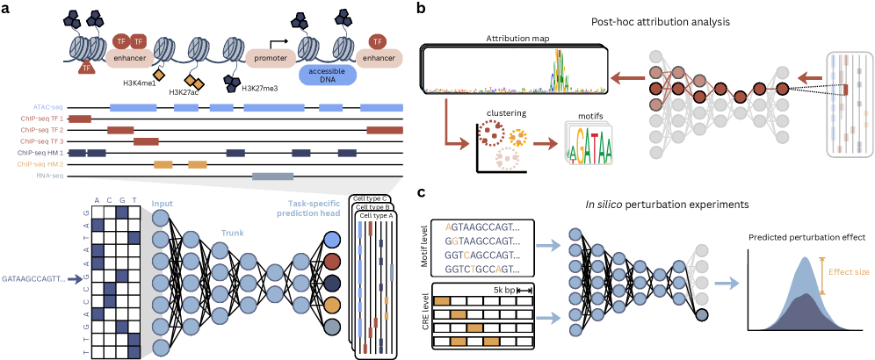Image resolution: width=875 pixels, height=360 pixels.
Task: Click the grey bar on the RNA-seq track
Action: (272, 176)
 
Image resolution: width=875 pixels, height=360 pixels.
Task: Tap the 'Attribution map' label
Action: (515, 39)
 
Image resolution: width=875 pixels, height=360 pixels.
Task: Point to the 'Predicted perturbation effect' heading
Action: (804, 234)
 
